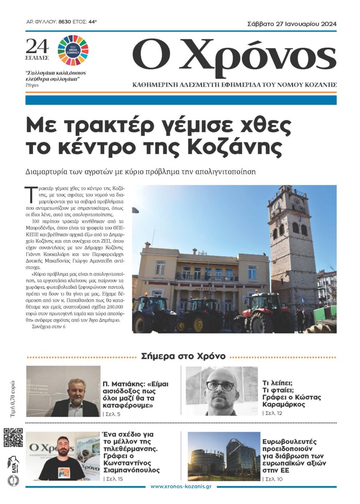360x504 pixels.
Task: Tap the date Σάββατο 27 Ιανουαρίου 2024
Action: (292, 24)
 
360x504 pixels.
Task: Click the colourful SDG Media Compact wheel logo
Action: (73, 47)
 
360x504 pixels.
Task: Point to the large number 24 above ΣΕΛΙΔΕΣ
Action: (37, 46)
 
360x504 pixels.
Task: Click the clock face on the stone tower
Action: (277, 206)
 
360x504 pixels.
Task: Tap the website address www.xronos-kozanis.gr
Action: (181, 486)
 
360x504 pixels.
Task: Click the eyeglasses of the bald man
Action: (220, 386)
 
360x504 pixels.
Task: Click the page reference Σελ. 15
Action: (113, 478)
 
